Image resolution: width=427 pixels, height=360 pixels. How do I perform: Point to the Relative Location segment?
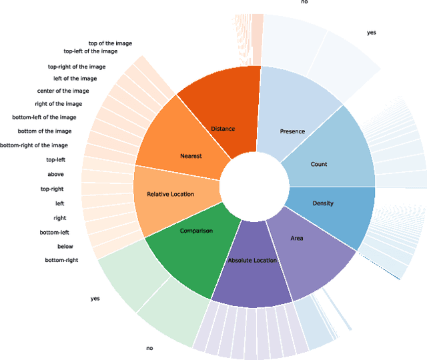(x=170, y=194)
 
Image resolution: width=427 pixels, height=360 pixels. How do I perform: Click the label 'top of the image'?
(x=110, y=43)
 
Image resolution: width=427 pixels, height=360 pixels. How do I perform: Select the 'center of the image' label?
(x=63, y=91)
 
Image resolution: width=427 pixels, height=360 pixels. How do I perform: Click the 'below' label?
(x=65, y=246)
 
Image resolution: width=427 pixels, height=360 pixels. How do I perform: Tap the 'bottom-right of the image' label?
(x=34, y=145)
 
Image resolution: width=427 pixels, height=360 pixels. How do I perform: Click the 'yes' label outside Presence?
(x=372, y=32)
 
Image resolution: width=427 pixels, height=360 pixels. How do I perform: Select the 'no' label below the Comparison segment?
(x=149, y=348)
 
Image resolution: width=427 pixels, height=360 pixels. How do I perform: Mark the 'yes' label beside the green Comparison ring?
(x=95, y=299)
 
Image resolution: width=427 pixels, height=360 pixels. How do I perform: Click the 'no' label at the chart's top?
(x=304, y=3)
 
